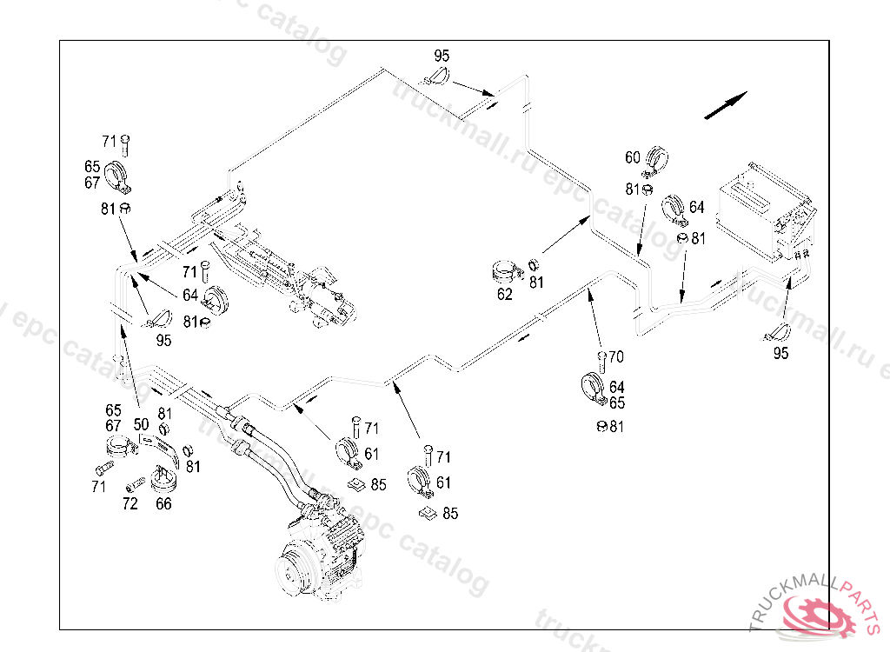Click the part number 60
[x=633, y=157]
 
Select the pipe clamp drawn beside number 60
[x=655, y=161]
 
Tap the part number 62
[x=505, y=294]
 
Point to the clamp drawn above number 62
[x=506, y=272]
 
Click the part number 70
[x=616, y=356]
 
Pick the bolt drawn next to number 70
[x=601, y=362]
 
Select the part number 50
[x=142, y=424]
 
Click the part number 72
[x=130, y=503]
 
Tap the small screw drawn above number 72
[x=135, y=484]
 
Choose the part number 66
[x=163, y=503]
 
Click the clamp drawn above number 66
[x=164, y=480]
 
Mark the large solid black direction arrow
[x=726, y=105]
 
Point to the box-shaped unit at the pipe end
[x=765, y=211]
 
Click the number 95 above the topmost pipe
[x=442, y=56]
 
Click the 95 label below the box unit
[x=781, y=353]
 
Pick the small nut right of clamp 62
[x=533, y=264]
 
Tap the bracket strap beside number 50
[x=159, y=448]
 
